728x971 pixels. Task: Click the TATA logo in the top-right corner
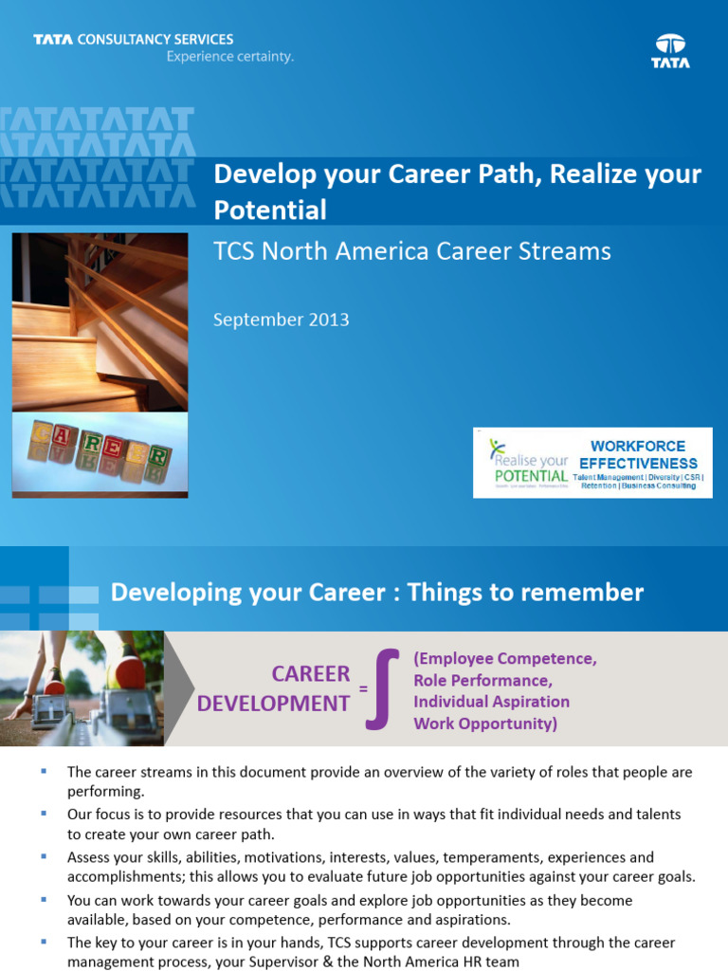pyautogui.click(x=670, y=51)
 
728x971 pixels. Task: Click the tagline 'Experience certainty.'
pyautogui.click(x=230, y=57)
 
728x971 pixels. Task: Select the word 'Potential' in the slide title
pyautogui.click(x=270, y=210)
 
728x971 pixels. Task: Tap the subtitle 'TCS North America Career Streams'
pyautogui.click(x=412, y=251)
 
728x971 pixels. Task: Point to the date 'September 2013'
pyautogui.click(x=282, y=320)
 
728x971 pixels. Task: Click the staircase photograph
pyautogui.click(x=100, y=321)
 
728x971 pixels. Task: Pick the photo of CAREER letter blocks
pyautogui.click(x=100, y=453)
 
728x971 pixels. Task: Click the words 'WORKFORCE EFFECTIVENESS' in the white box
pyautogui.click(x=638, y=454)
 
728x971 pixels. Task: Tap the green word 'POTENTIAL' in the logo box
pyautogui.click(x=531, y=475)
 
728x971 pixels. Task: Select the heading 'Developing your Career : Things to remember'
pyautogui.click(x=377, y=593)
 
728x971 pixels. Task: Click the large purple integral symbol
pyautogui.click(x=381, y=688)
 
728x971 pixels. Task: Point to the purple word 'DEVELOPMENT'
pyautogui.click(x=273, y=704)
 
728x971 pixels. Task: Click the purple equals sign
pyautogui.click(x=363, y=689)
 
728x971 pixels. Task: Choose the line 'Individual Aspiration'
pyautogui.click(x=491, y=702)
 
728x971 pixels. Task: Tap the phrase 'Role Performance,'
pyautogui.click(x=482, y=680)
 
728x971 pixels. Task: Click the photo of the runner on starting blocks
pyautogui.click(x=82, y=687)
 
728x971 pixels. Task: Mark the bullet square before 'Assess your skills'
pyautogui.click(x=45, y=855)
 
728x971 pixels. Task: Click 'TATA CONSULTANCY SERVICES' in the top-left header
pyautogui.click(x=134, y=40)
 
